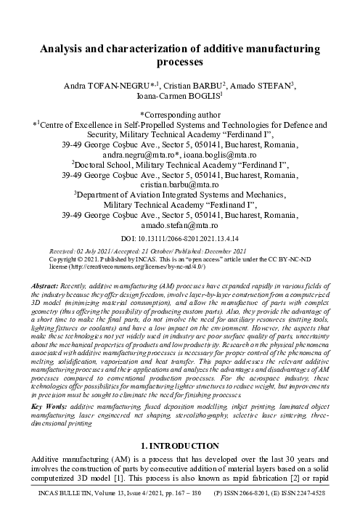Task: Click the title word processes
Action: pyautogui.click(x=179, y=64)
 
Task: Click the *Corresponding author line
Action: pyautogui.click(x=179, y=115)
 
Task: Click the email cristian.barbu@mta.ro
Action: pyautogui.click(x=179, y=185)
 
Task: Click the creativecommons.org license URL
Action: pyautogui.click(x=134, y=265)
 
